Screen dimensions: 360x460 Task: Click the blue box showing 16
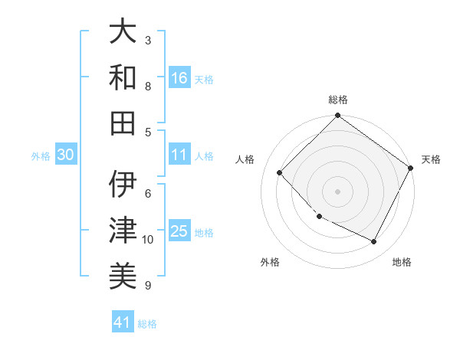(x=179, y=77)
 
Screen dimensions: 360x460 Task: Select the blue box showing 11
(x=179, y=155)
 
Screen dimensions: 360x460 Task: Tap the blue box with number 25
(x=179, y=231)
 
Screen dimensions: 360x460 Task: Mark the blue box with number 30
(x=66, y=155)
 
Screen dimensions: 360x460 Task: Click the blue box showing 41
(x=123, y=322)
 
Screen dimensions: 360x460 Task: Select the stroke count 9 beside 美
(x=148, y=285)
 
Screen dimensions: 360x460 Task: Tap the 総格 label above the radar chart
(x=338, y=100)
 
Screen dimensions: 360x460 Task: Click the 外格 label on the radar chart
(x=270, y=262)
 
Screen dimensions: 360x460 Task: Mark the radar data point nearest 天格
(x=410, y=168)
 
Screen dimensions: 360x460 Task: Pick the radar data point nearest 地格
(x=373, y=241)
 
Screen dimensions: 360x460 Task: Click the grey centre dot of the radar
(x=337, y=191)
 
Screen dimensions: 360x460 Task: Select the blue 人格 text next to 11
(x=204, y=155)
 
